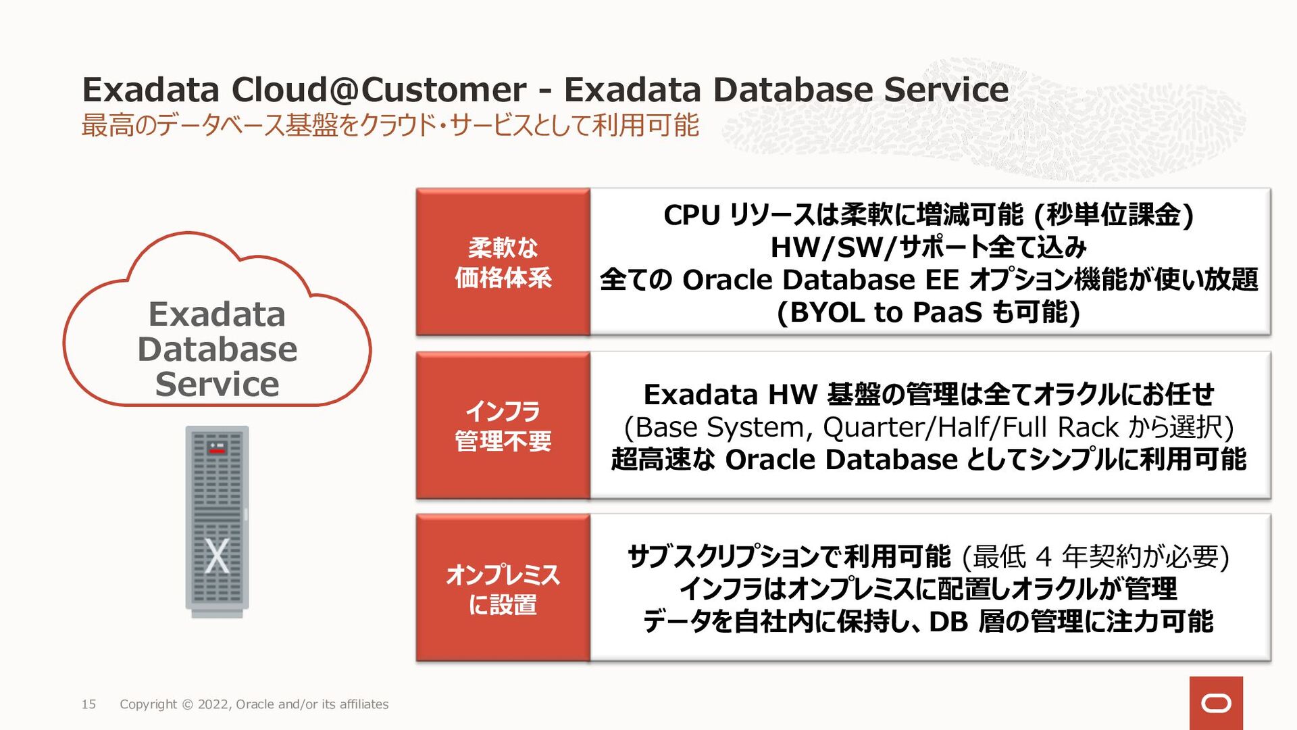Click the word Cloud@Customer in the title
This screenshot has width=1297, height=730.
pyautogui.click(x=378, y=90)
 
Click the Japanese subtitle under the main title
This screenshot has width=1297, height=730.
pyautogui.click(x=390, y=126)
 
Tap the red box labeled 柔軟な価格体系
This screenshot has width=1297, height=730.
pyautogui.click(x=503, y=262)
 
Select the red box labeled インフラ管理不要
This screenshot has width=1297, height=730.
pyautogui.click(x=503, y=426)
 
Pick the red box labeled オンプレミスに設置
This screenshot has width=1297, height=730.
pyautogui.click(x=503, y=589)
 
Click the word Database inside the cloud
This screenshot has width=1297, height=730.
pyautogui.click(x=218, y=349)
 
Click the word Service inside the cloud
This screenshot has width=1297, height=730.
pyautogui.click(x=218, y=385)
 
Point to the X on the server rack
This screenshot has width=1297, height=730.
pyautogui.click(x=217, y=556)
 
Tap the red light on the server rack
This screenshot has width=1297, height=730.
pyautogui.click(x=217, y=450)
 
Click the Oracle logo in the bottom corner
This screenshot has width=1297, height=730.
pyautogui.click(x=1216, y=704)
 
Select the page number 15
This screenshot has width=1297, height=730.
pyautogui.click(x=88, y=704)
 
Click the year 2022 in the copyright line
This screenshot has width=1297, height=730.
pyautogui.click(x=214, y=704)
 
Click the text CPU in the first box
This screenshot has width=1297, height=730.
pyautogui.click(x=691, y=216)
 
